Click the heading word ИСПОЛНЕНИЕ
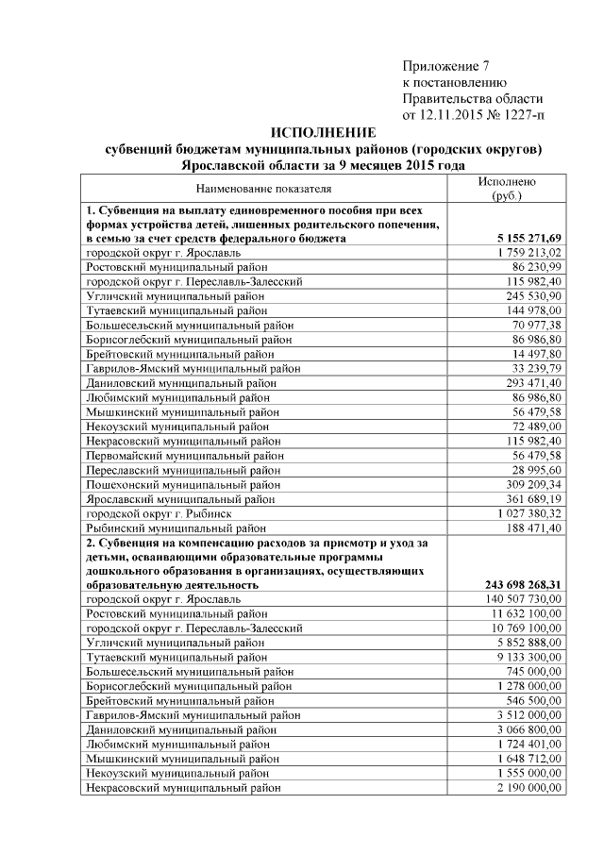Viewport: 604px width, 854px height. pos(323,132)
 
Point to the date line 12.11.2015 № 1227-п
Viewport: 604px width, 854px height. pos(473,115)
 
